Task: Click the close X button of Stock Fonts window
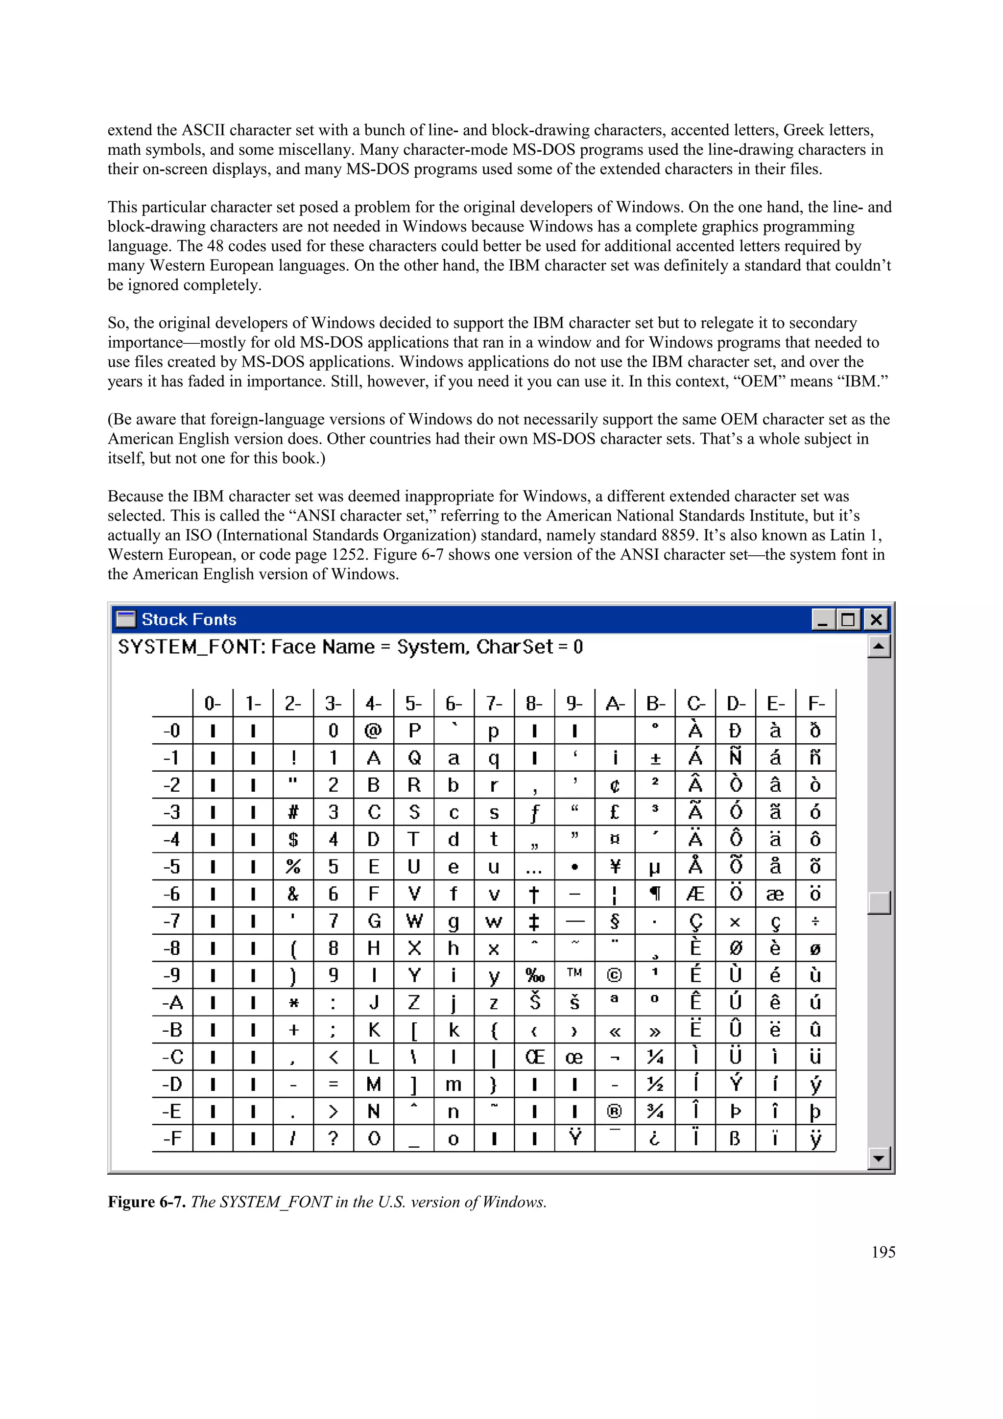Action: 876,619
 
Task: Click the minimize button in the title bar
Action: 823,619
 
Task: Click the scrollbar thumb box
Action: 878,902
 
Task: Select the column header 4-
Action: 373,703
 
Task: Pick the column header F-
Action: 816,703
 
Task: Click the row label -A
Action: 172,1002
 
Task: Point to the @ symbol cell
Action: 373,731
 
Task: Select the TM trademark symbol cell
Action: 574,973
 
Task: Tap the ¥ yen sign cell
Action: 614,867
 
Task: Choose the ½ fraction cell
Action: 654,1084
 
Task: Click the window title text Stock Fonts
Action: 189,619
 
